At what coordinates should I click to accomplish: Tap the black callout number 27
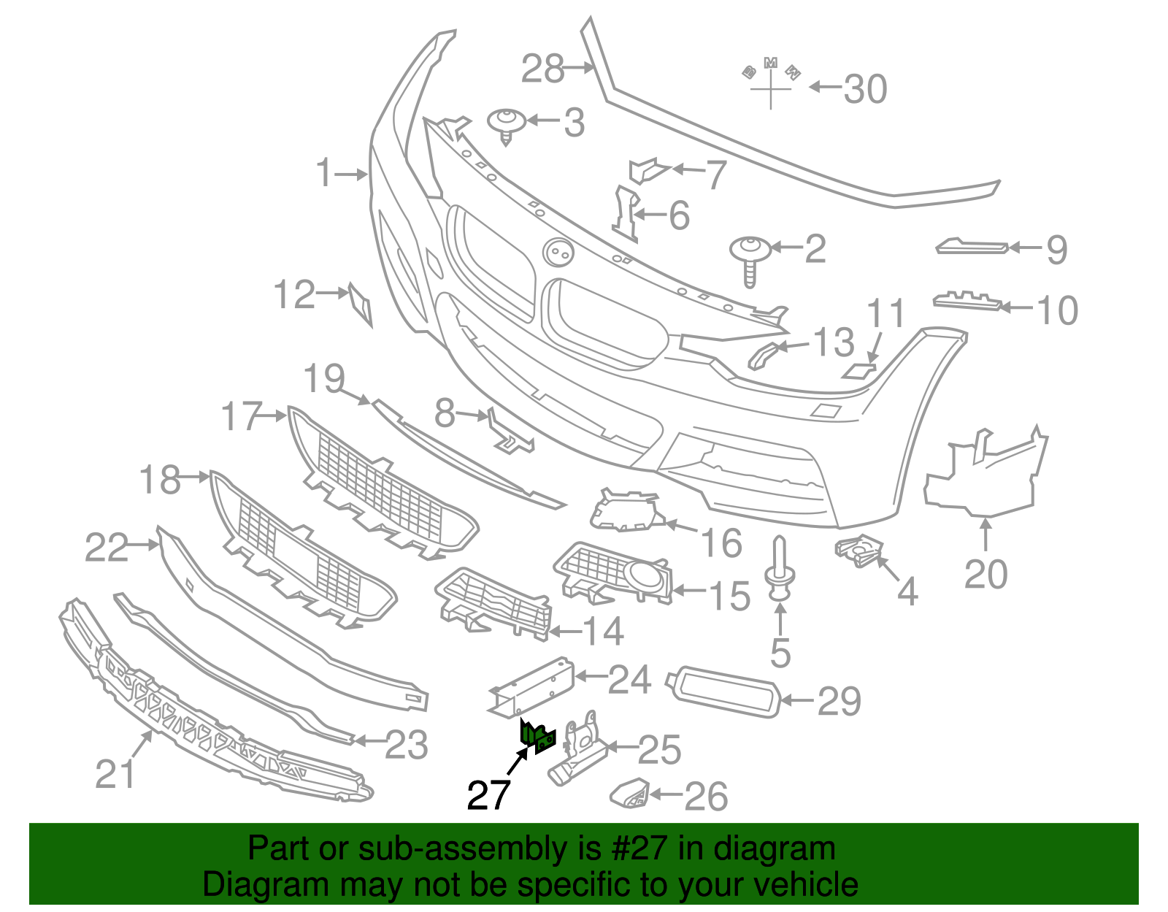488,794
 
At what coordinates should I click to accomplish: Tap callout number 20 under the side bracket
985,574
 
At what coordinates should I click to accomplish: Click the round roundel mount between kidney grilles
558,252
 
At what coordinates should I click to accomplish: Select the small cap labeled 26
629,793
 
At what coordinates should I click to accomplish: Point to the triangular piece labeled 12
361,304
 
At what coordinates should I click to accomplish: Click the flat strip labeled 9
972,248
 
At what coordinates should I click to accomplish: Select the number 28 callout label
543,69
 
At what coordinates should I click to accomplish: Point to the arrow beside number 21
142,746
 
